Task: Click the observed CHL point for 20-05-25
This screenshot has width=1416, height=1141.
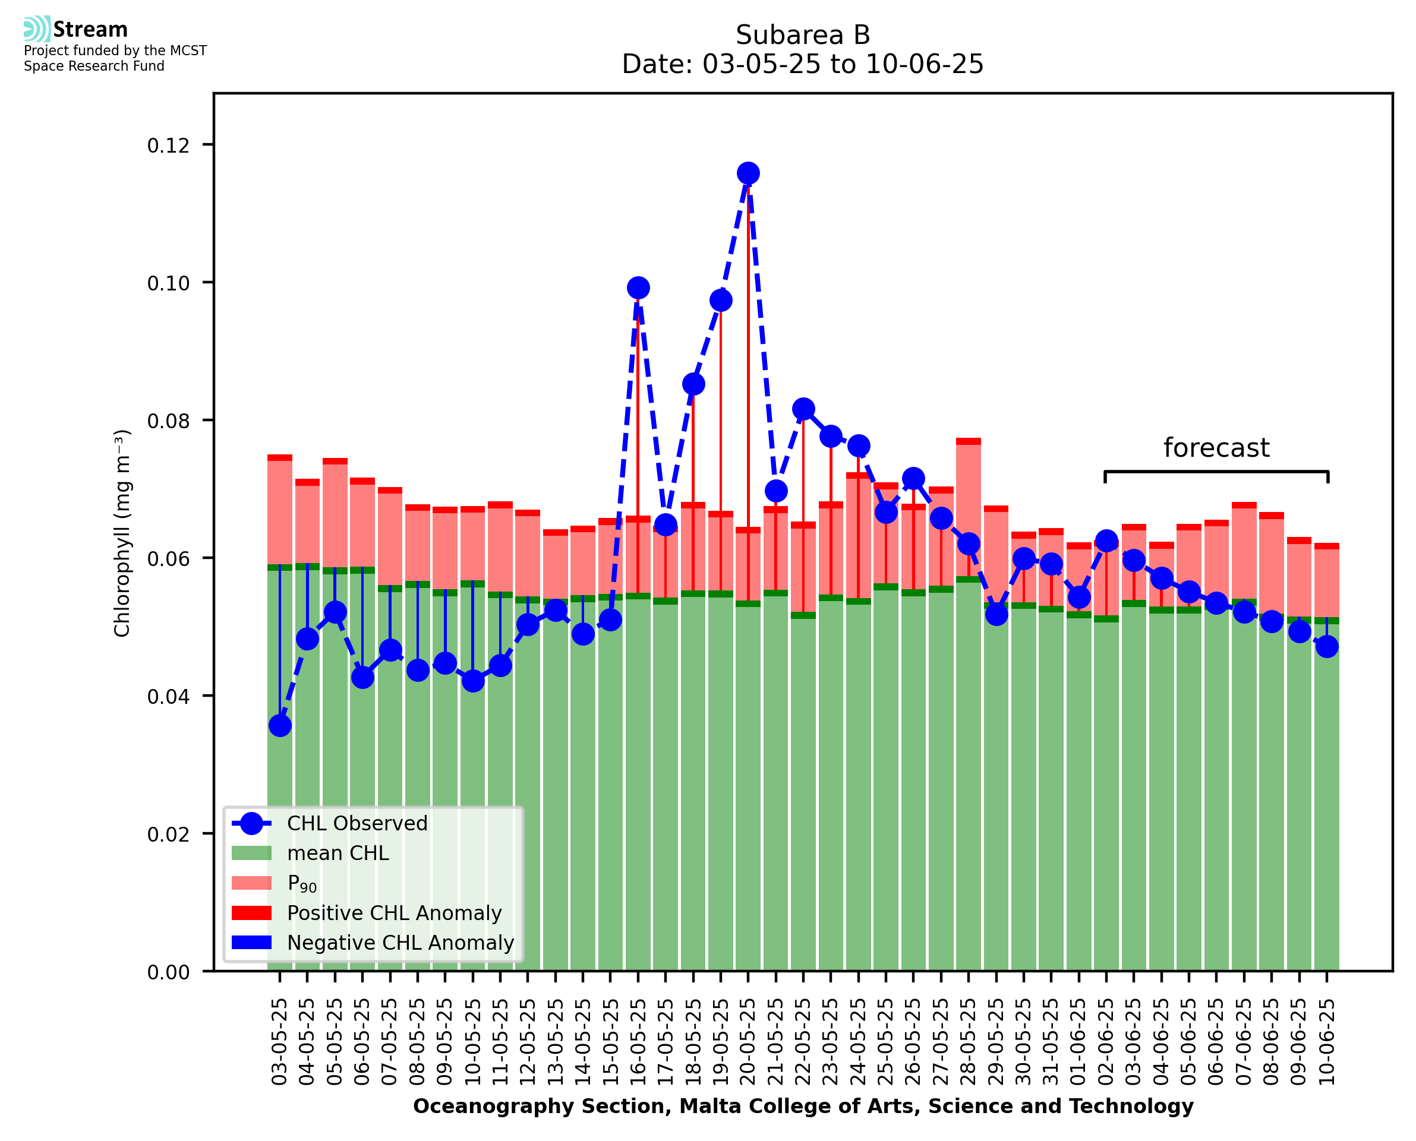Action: (x=748, y=173)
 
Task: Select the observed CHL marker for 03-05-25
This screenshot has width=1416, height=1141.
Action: (x=280, y=726)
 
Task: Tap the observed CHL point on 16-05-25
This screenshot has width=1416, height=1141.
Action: (x=638, y=288)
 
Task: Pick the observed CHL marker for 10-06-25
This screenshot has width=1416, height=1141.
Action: (x=1327, y=647)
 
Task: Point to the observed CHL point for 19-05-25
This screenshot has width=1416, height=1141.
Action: (x=721, y=301)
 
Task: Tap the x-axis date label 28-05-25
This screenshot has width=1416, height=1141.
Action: (x=969, y=1042)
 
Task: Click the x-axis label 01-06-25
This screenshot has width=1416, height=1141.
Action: (x=1078, y=1042)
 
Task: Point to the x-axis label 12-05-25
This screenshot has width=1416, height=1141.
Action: (x=528, y=1042)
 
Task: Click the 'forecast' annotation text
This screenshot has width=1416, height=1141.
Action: (x=1216, y=448)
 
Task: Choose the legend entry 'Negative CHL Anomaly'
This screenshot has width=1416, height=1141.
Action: (x=400, y=943)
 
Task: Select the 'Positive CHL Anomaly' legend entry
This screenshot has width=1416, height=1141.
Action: (x=394, y=913)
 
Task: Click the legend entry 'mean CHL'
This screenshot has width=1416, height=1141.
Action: (x=338, y=853)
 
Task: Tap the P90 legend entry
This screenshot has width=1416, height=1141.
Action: (x=302, y=883)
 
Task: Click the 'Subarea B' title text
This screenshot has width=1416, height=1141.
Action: (x=803, y=35)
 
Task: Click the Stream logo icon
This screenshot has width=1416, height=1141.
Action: (x=37, y=29)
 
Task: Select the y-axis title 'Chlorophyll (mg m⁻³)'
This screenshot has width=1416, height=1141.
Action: (x=122, y=533)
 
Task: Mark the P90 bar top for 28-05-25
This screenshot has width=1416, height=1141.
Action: (x=969, y=442)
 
